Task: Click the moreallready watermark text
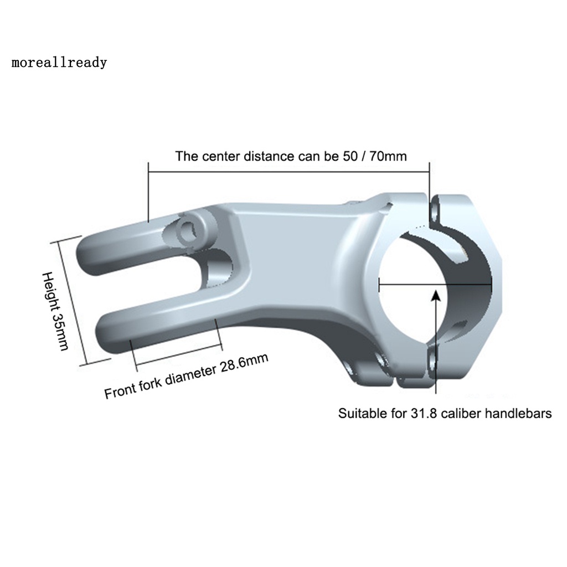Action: [59, 63]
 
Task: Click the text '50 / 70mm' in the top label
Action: [373, 156]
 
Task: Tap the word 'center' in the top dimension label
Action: [222, 157]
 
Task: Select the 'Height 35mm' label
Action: [55, 311]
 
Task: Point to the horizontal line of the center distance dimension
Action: [289, 173]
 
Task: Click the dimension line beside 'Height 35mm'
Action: [73, 302]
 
